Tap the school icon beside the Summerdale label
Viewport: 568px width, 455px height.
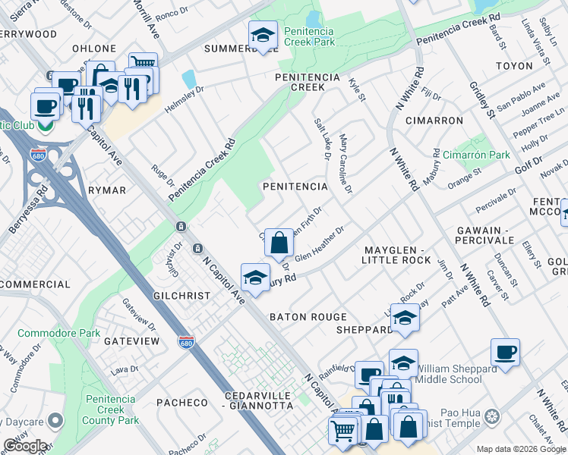(x=263, y=36)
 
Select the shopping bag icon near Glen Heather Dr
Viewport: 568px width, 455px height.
(x=279, y=243)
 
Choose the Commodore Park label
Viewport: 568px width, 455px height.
(x=58, y=333)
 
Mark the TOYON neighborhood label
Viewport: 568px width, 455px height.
(x=514, y=66)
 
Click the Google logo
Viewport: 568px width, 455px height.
(x=25, y=446)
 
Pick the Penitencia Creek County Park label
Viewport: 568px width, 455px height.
(x=110, y=410)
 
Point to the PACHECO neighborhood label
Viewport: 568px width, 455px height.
(x=181, y=402)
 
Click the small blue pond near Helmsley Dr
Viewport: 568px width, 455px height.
(x=188, y=79)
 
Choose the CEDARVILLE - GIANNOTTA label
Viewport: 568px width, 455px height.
(x=259, y=401)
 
